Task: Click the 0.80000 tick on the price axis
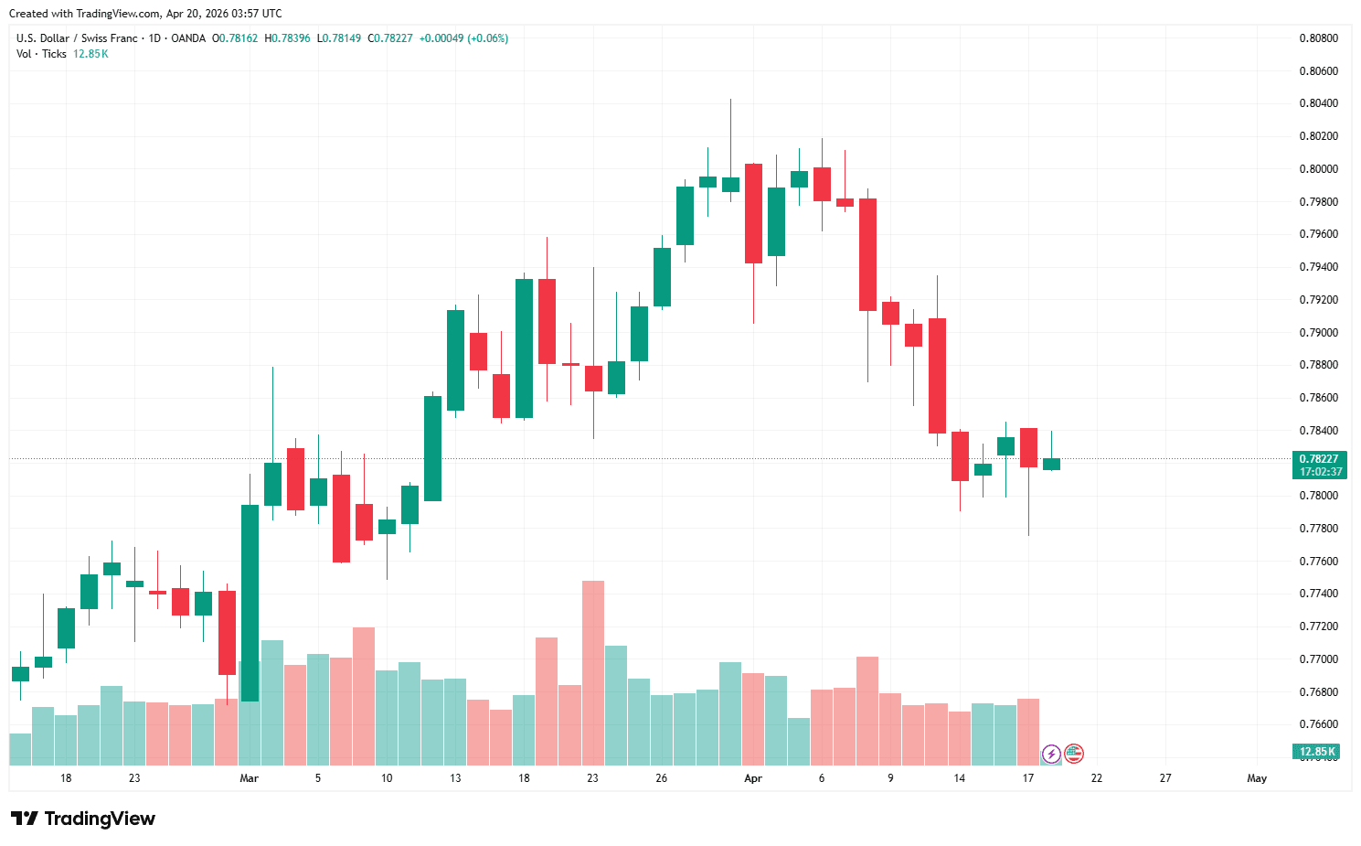tap(1318, 169)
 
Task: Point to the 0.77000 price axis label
tap(1318, 659)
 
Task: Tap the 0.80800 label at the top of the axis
tap(1318, 38)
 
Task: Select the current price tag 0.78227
tap(1318, 459)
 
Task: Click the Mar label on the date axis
tap(249, 778)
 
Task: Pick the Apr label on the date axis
tap(752, 778)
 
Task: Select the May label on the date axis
tap(1257, 778)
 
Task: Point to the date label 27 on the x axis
tap(1165, 778)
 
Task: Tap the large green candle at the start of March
tap(250, 603)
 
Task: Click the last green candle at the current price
tap(1051, 464)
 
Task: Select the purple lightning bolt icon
tap(1051, 754)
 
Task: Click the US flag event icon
tap(1074, 754)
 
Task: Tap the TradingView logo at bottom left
tap(83, 819)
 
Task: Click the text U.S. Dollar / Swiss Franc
tap(77, 38)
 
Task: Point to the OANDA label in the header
tap(188, 38)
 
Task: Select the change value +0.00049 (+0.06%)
tap(463, 38)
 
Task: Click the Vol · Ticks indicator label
tap(41, 54)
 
